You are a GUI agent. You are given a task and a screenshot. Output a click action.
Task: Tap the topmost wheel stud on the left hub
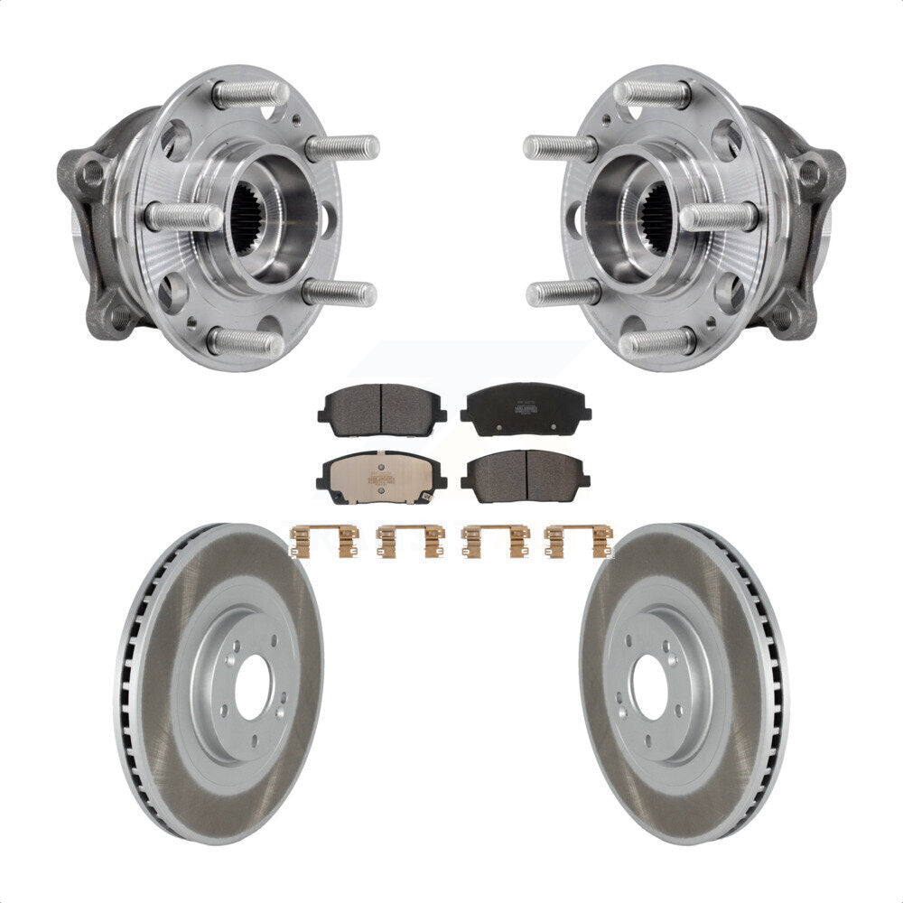click(251, 93)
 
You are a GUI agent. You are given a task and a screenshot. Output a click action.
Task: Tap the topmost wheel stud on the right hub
click(652, 93)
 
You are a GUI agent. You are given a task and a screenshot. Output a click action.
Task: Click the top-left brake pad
click(381, 409)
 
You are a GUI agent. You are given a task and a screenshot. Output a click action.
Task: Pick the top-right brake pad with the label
click(524, 410)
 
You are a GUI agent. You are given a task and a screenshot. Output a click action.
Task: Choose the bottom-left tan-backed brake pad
click(381, 478)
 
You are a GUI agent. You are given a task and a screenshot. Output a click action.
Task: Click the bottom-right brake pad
click(526, 476)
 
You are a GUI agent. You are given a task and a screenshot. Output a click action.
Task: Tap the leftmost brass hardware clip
click(324, 541)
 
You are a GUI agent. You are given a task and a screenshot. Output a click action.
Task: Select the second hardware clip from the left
click(410, 541)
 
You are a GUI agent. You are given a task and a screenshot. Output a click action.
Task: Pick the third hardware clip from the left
click(495, 541)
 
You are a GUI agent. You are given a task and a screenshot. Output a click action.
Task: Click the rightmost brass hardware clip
click(579, 541)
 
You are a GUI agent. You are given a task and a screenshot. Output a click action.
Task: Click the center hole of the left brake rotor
click(254, 686)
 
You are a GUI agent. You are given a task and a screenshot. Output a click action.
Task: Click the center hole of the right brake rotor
click(649, 686)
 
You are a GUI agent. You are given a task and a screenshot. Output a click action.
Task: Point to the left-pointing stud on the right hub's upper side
click(560, 146)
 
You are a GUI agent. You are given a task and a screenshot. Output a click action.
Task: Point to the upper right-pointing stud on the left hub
click(343, 146)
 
